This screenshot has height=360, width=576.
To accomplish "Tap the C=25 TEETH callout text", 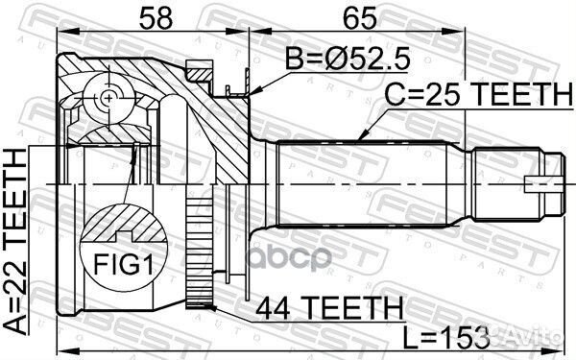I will pyautogui.click(x=476, y=95).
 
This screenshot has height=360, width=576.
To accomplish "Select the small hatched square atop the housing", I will pyautogui.click(x=201, y=70).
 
